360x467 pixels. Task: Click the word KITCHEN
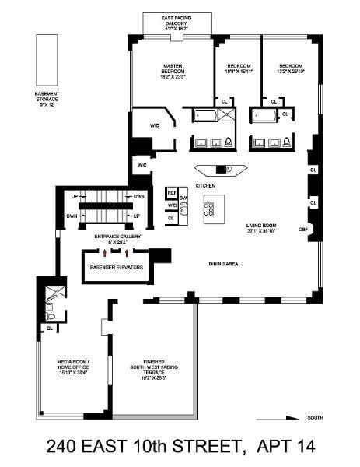click(x=205, y=186)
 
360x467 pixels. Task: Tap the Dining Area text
click(x=223, y=264)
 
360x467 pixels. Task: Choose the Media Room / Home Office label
click(x=74, y=365)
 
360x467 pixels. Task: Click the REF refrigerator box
click(x=172, y=191)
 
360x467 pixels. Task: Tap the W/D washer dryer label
click(x=171, y=205)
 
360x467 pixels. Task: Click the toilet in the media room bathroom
click(x=51, y=316)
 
